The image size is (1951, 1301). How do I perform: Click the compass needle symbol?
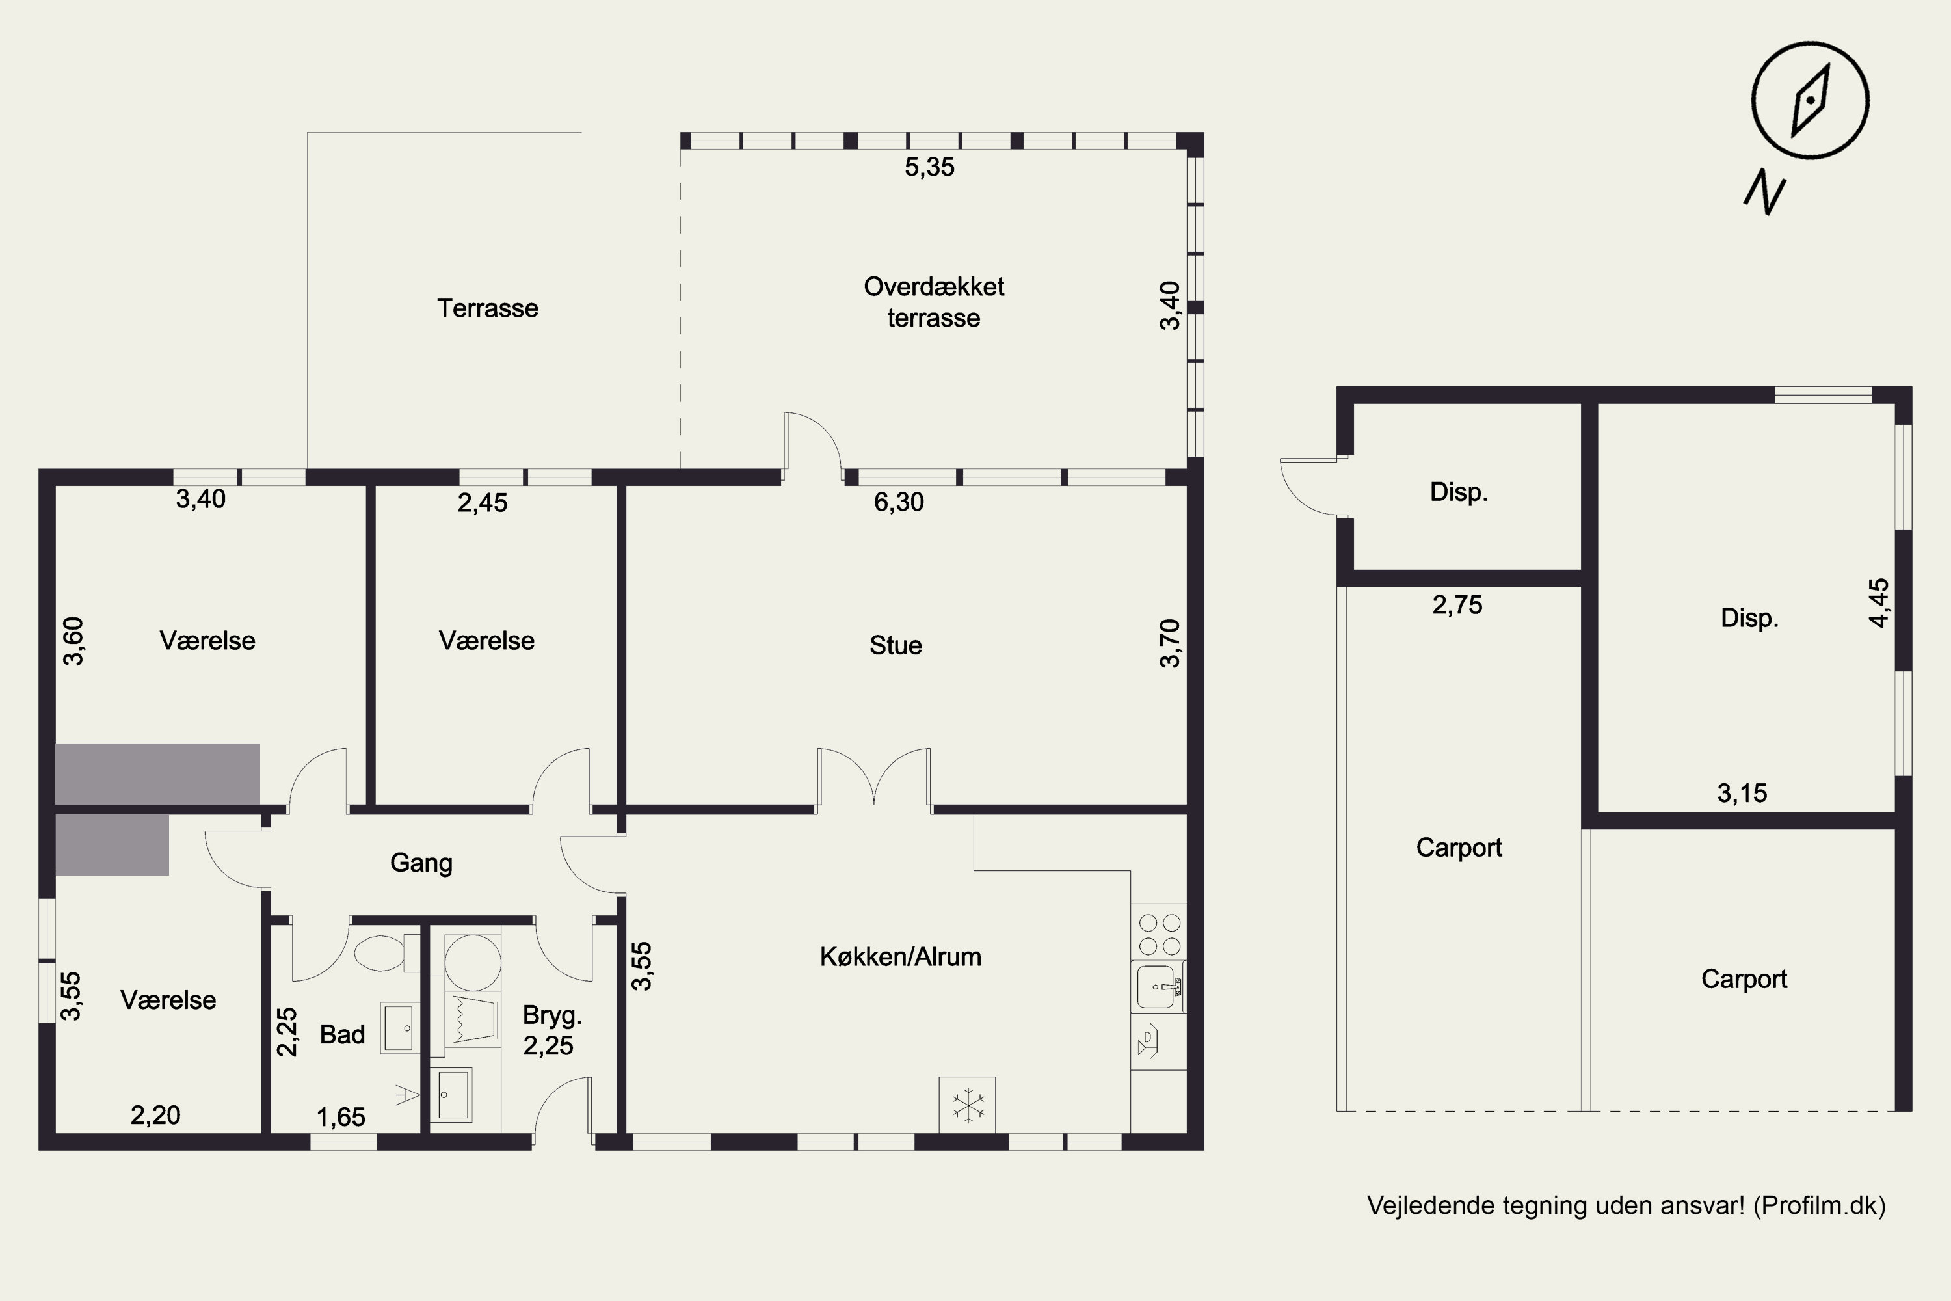1810,101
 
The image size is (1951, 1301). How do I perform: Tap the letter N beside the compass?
1764,193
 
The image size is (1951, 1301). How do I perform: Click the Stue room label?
896,645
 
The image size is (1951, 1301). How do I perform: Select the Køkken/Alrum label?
900,957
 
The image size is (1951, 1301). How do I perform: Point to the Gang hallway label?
421,864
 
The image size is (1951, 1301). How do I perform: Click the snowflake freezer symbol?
967,1105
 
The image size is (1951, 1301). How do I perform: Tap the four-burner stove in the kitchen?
1160,935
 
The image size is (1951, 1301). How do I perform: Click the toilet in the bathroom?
388,952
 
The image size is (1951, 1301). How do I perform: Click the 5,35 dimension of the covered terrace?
929,168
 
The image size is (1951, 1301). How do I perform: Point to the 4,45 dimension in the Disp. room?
1879,602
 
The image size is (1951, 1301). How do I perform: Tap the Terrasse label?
488,308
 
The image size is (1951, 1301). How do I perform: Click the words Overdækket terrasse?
934,302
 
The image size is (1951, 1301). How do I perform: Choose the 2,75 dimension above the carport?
1457,605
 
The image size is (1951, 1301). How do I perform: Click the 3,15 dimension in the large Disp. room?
1742,793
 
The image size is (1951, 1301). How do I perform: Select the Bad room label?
343,1035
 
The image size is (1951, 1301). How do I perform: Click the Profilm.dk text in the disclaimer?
1820,1205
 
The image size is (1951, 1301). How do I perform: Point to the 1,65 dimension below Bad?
341,1118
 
